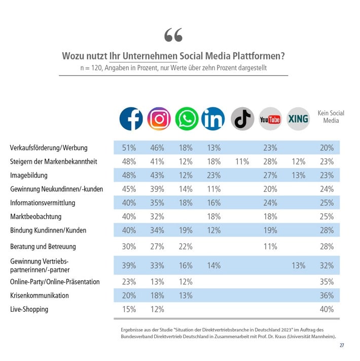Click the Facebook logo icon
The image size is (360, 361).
(x=131, y=119)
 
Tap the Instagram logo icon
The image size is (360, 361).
(x=159, y=119)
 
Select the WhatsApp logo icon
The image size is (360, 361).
(x=187, y=119)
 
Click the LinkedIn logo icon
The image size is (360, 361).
(x=213, y=119)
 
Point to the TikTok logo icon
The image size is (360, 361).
(x=242, y=119)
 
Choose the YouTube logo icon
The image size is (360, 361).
(x=270, y=119)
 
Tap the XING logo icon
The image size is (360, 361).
(x=298, y=119)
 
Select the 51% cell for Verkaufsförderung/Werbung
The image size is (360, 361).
(x=129, y=148)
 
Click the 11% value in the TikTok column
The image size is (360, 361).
(x=242, y=161)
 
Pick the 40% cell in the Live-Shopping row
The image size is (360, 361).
(x=327, y=309)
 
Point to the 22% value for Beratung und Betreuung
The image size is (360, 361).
(x=186, y=246)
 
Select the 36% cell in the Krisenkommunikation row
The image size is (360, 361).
(x=327, y=296)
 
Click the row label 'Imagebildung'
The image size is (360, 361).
(x=28, y=175)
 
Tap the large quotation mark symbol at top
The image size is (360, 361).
(x=173, y=35)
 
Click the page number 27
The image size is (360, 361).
(x=342, y=345)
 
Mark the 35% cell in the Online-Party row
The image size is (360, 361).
(x=327, y=282)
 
